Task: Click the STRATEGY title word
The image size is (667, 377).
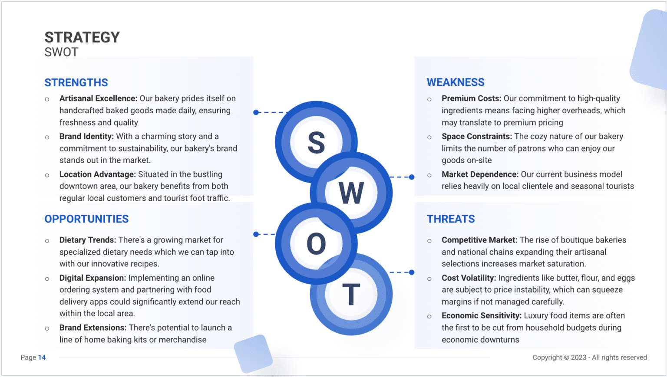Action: pos(82,37)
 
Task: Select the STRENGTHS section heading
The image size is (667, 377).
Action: pos(76,82)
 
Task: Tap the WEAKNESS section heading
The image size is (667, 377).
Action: pos(456,82)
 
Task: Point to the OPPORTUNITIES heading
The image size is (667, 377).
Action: pos(86,219)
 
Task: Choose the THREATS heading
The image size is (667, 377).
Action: pos(451,219)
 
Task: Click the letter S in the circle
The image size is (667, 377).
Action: pos(316,143)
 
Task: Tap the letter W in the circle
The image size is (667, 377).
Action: pos(351,193)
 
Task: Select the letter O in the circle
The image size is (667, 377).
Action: pos(316,244)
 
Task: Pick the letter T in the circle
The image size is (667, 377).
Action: pos(351,295)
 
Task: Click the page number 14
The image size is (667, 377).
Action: pos(42,357)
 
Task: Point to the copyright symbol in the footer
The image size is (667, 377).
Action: pos(566,357)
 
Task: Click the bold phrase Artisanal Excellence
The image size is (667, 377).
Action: pos(98,98)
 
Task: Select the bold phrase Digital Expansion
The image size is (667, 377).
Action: pos(92,278)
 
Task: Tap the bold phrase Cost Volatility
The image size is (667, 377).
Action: pos(469,278)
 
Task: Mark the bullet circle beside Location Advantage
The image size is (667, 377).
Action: pos(47,175)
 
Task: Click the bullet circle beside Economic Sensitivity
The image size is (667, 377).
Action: pos(429,317)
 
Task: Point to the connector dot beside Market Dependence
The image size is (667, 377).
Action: pos(412,177)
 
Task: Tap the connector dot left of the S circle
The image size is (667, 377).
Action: pos(256,112)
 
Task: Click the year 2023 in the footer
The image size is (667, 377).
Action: pos(578,357)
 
